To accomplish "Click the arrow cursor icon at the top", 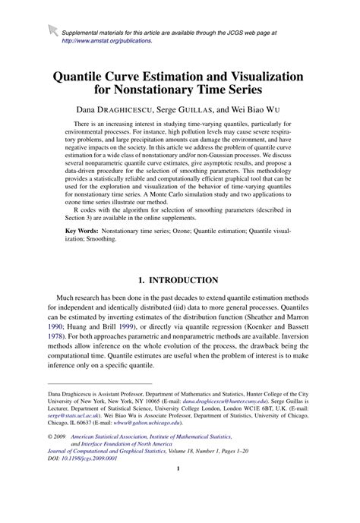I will tap(52, 30).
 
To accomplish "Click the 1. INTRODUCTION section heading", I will tap(179, 280).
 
